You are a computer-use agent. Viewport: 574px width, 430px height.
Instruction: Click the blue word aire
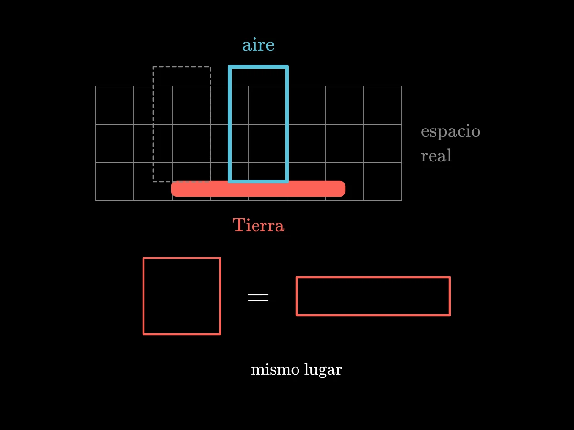[258, 45]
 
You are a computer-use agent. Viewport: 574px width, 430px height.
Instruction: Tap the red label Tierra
[258, 225]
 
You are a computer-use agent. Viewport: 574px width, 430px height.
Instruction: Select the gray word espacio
[450, 131]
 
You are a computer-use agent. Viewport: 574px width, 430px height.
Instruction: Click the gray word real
[436, 156]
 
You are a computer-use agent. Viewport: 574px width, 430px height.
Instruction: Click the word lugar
[323, 370]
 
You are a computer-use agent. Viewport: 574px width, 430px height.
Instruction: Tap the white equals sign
[258, 297]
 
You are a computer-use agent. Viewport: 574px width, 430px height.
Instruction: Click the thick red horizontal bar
[258, 189]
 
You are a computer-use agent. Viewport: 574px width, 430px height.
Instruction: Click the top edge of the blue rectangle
[258, 67]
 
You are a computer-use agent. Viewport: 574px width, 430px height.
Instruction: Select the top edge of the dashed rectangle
[182, 67]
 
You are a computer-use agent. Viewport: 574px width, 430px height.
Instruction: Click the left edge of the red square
[143, 296]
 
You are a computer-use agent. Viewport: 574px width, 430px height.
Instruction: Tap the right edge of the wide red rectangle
[450, 296]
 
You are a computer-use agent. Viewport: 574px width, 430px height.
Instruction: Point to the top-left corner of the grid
[96, 86]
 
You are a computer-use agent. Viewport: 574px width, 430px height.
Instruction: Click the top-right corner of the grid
[402, 86]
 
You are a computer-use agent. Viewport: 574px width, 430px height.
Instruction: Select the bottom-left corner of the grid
[96, 201]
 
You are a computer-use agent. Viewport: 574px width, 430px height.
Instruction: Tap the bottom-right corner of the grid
[402, 201]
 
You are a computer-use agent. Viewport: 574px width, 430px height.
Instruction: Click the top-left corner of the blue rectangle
[230, 67]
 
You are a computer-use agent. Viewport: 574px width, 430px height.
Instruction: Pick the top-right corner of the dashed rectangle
[210, 67]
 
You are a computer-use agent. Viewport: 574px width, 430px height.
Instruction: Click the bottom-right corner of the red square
[220, 334]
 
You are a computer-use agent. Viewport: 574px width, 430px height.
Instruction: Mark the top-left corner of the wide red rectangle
[297, 277]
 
